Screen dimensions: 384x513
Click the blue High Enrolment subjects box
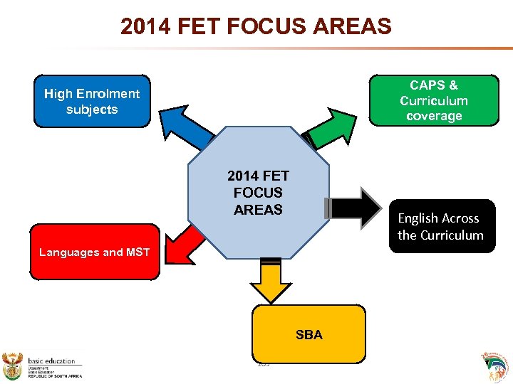tap(92, 101)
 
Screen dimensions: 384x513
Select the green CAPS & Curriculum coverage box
tap(433, 100)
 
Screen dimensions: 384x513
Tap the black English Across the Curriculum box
tap(440, 226)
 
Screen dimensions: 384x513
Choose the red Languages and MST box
tap(95, 252)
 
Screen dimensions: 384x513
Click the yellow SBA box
tap(309, 334)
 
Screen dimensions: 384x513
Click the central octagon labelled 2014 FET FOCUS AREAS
tap(258, 192)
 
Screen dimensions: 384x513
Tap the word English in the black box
tap(418, 218)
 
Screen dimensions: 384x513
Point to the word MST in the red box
tap(136, 252)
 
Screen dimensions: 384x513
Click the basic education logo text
tap(53, 361)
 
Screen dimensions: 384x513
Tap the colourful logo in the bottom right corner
tap(495, 366)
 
